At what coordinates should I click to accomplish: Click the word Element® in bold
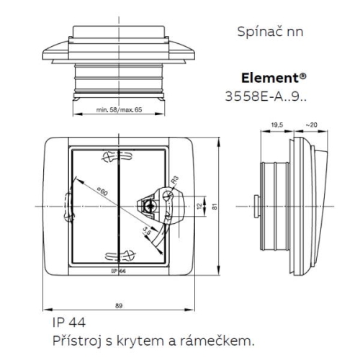coord(271,78)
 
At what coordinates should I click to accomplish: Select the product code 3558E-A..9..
coord(266,94)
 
